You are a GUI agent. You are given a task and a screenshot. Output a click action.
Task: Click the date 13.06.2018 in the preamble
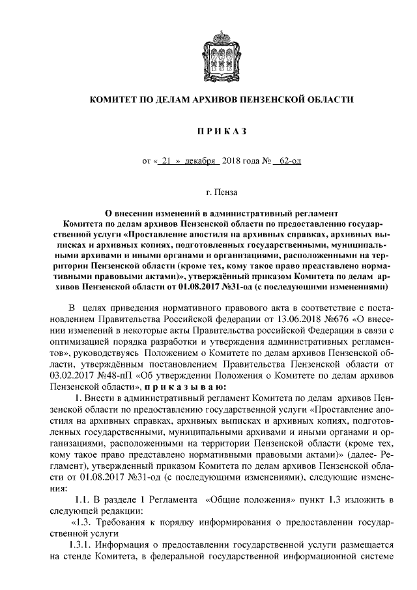274,319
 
